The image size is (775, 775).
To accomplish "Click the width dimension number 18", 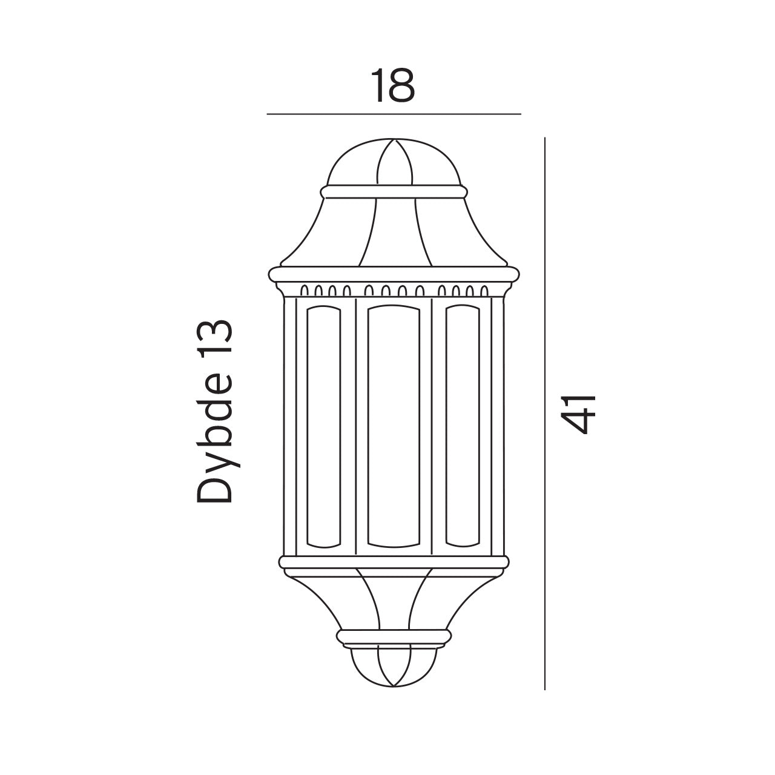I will (x=393, y=86).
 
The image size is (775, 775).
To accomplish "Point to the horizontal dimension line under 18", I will (x=394, y=114).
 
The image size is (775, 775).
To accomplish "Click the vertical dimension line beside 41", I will (x=545, y=414).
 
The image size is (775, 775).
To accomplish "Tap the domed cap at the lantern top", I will (x=394, y=163).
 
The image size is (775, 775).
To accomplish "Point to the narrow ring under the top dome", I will (x=394, y=192).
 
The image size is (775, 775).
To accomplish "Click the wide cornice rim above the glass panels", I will (x=394, y=274).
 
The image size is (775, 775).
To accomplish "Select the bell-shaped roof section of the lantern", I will (x=394, y=233).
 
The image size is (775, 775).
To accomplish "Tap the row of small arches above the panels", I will (x=394, y=290).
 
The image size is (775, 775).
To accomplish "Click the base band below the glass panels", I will (x=394, y=562).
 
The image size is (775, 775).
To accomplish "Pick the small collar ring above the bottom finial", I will (x=394, y=636).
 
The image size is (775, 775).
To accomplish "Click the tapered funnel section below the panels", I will (x=394, y=599).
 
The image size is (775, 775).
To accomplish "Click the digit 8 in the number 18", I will (x=402, y=86).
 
